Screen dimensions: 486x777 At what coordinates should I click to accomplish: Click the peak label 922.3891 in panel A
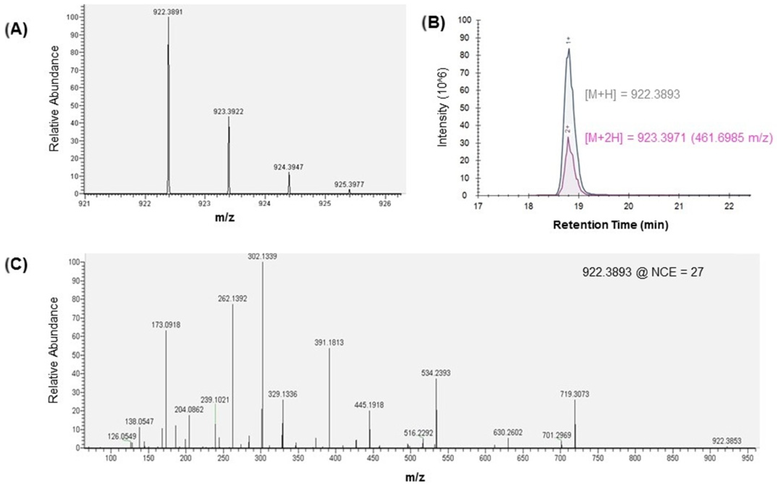168,12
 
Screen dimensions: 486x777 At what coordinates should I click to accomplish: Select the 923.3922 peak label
228,112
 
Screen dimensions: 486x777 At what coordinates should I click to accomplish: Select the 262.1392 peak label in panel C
232,299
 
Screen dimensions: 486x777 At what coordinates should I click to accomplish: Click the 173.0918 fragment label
166,325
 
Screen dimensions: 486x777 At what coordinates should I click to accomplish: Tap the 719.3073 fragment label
575,394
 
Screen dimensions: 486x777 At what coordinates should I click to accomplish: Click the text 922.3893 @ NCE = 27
643,272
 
